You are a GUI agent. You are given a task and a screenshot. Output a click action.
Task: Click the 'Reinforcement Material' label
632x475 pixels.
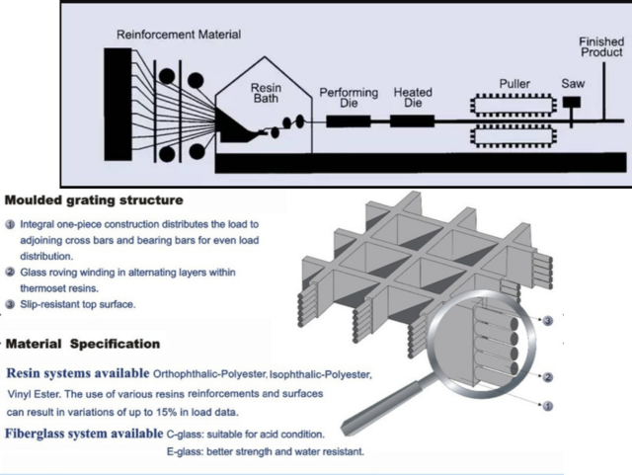click(178, 35)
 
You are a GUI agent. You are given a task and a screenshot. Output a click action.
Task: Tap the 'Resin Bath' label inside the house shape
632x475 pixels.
click(266, 93)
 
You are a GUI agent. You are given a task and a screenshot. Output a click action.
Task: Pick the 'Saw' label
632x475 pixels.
click(574, 84)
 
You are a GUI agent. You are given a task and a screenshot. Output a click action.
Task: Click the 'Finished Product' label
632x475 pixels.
click(600, 47)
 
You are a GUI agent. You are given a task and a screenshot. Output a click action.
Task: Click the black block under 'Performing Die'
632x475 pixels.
click(349, 121)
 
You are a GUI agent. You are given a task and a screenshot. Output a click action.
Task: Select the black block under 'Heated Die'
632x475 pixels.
click(413, 121)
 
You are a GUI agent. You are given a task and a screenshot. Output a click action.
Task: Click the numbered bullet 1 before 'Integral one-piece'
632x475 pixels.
click(10, 224)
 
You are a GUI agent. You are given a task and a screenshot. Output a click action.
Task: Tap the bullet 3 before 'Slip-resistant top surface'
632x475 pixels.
click(10, 304)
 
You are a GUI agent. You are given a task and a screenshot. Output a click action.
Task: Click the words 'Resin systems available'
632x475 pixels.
click(78, 374)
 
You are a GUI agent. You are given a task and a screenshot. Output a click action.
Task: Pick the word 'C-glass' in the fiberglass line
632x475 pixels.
click(187, 434)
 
